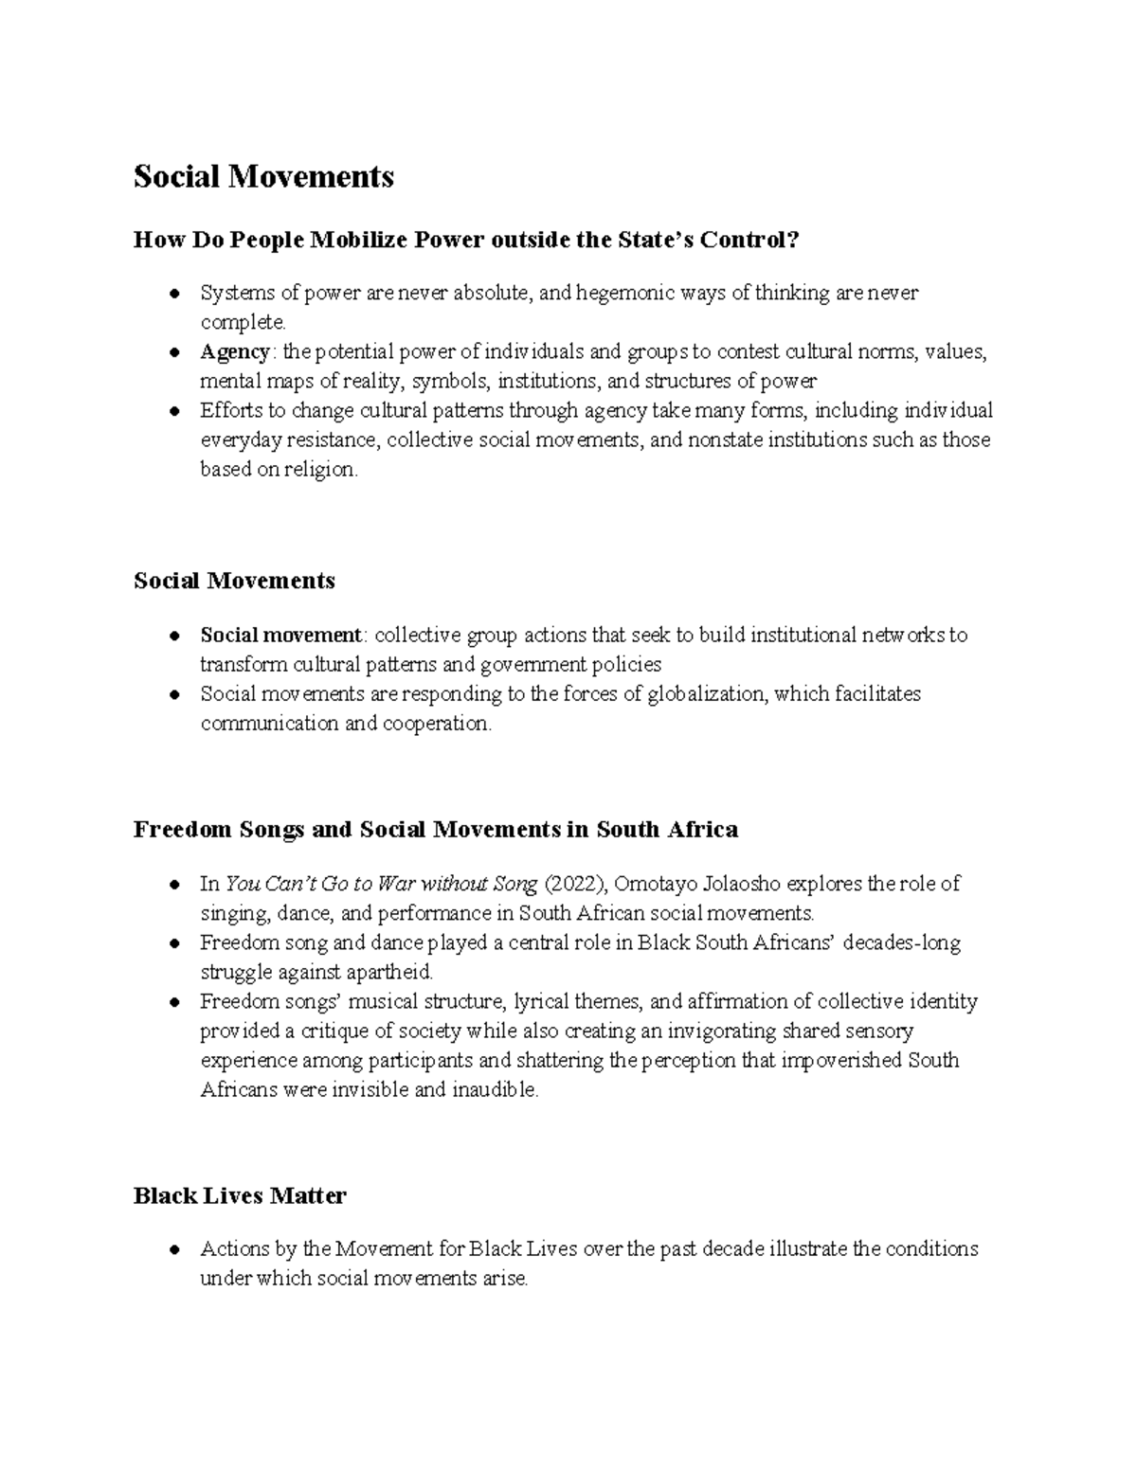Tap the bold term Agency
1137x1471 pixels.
click(x=234, y=352)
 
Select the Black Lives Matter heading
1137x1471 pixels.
click(x=240, y=1196)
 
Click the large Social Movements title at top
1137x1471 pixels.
click(x=263, y=176)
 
